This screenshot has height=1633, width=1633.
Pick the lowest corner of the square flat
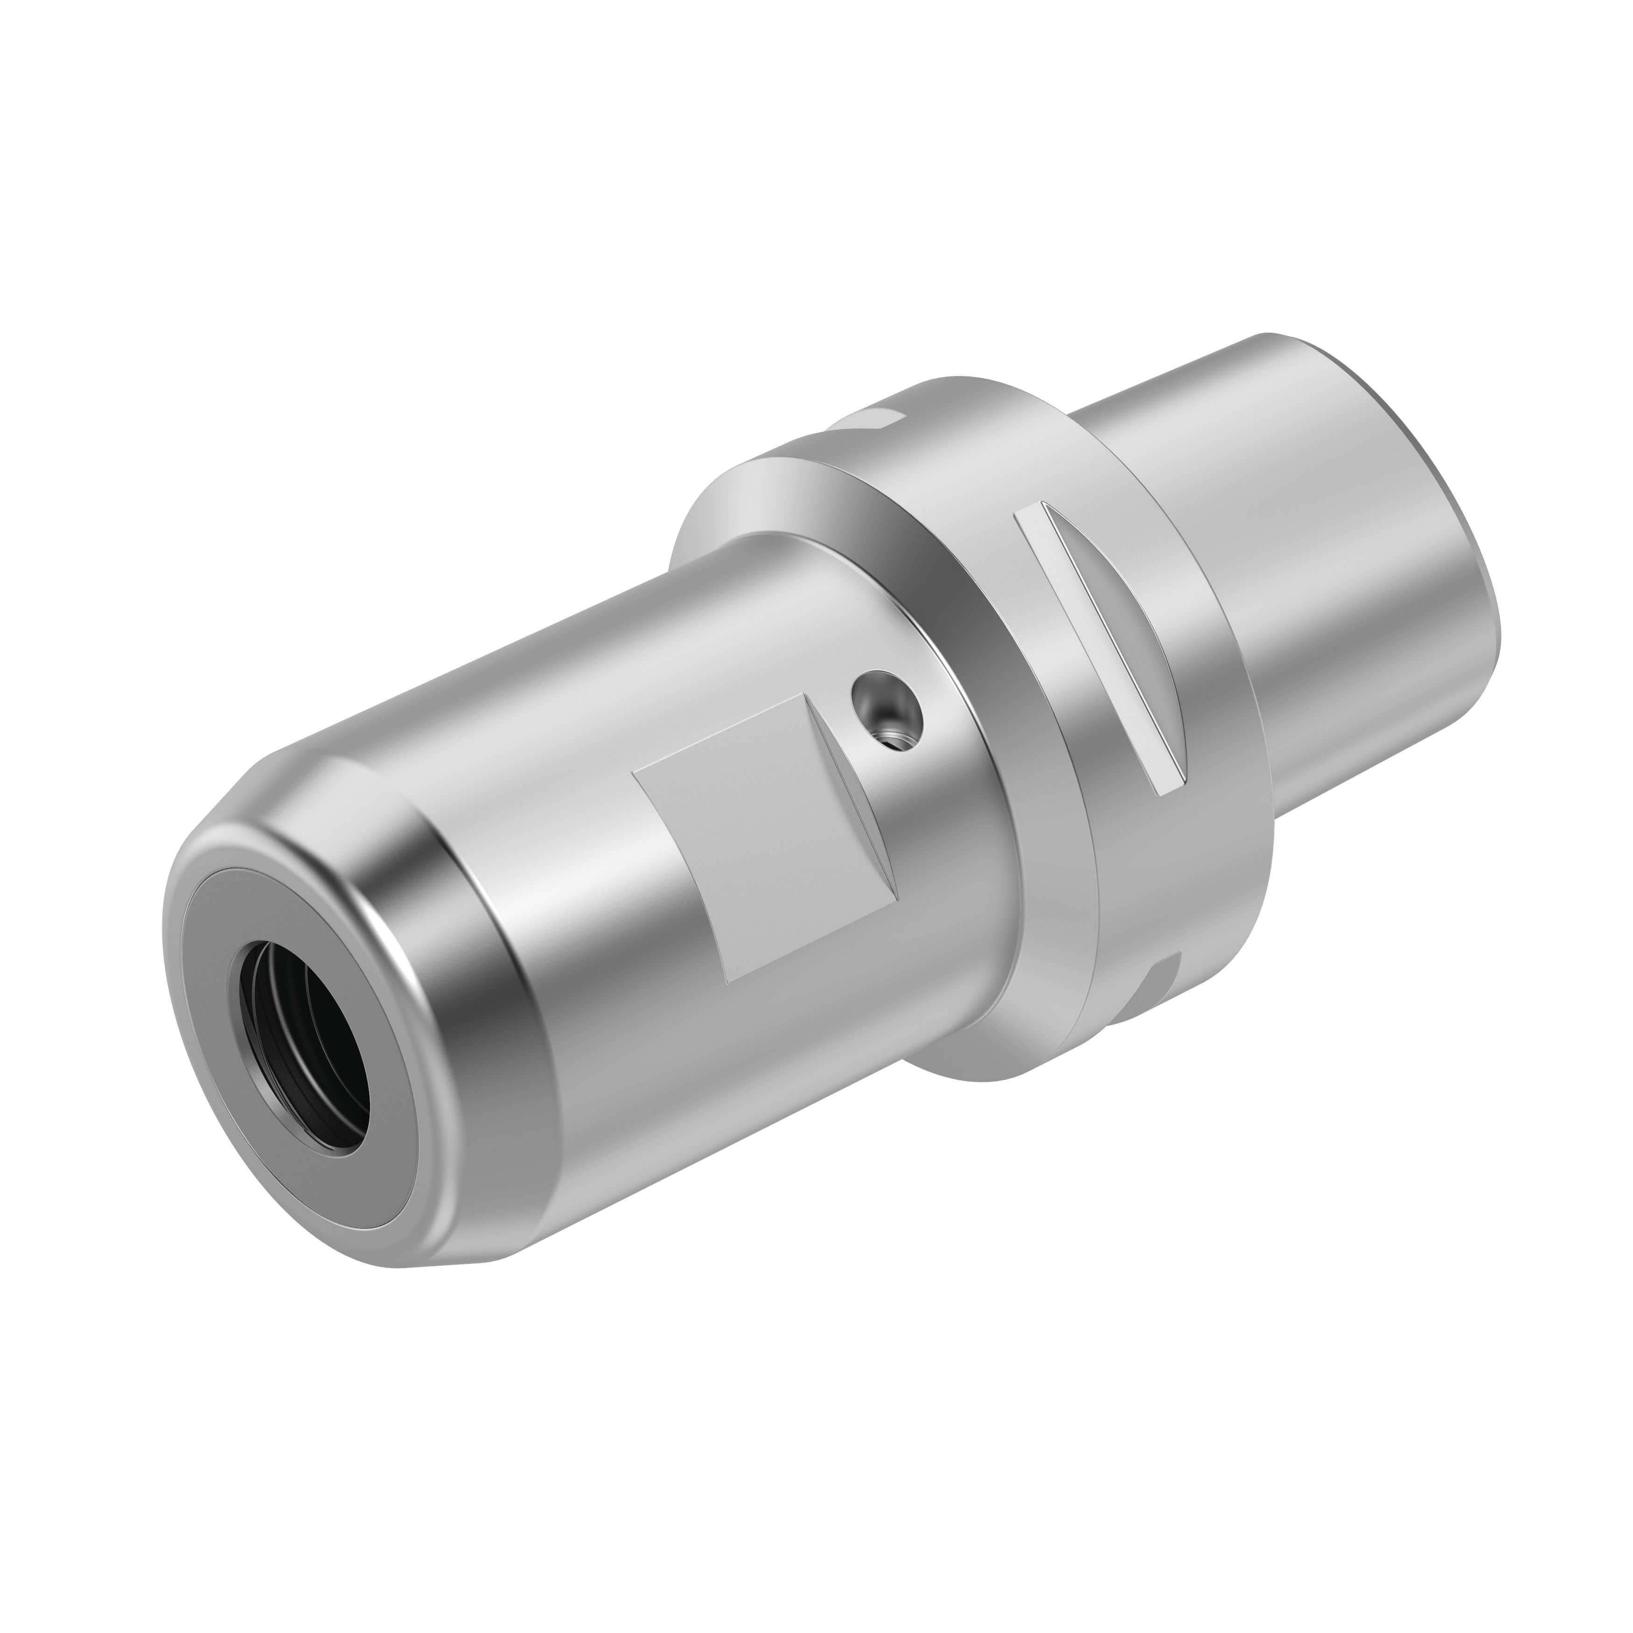coord(729,982)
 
